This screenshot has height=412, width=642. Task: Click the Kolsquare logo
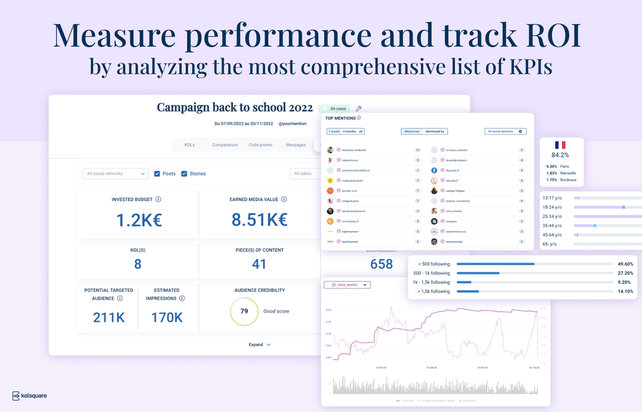(29, 396)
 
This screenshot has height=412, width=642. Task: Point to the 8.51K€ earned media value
(259, 220)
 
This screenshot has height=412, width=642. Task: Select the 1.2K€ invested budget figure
(139, 220)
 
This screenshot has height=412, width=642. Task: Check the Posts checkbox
(157, 174)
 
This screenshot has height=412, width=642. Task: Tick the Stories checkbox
(185, 174)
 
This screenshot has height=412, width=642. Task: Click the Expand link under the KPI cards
(260, 344)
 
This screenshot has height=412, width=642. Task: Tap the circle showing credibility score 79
(244, 311)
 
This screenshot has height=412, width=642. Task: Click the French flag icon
(560, 145)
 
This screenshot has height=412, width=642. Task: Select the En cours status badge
(334, 109)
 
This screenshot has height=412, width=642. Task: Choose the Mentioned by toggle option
(435, 131)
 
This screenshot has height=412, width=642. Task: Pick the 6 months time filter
(349, 131)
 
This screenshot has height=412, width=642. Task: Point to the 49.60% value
(625, 264)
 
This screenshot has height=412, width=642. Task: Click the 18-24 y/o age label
(554, 207)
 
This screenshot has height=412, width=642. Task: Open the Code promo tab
(260, 145)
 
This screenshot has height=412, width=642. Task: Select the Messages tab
(296, 145)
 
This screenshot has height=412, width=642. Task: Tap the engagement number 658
(382, 264)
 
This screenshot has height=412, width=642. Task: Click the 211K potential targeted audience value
(109, 317)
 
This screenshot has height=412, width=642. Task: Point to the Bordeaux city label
(568, 180)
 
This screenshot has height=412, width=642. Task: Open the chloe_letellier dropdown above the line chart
(347, 285)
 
